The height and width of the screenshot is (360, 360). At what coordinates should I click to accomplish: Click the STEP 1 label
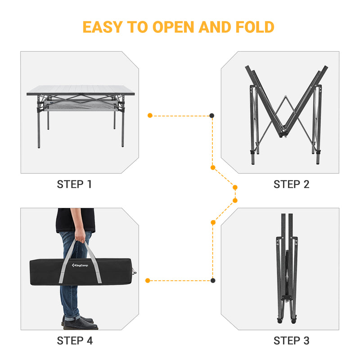[x=74, y=184]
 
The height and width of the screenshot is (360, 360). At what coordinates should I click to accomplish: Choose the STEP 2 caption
[x=291, y=184]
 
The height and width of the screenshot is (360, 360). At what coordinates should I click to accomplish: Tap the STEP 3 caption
[x=291, y=341]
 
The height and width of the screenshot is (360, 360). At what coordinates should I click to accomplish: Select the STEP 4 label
[x=74, y=341]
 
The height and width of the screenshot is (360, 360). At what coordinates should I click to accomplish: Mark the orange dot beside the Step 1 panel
[x=150, y=116]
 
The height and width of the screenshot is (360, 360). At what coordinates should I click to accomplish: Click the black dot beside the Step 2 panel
[x=212, y=116]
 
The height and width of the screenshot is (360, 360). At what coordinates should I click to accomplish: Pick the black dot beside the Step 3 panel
[x=212, y=280]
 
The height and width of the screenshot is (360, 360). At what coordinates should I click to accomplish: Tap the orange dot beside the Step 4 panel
[x=148, y=280]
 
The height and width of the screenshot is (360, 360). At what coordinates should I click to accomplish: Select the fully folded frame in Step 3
[x=286, y=270]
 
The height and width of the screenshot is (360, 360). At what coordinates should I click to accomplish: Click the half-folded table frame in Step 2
[x=284, y=112]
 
